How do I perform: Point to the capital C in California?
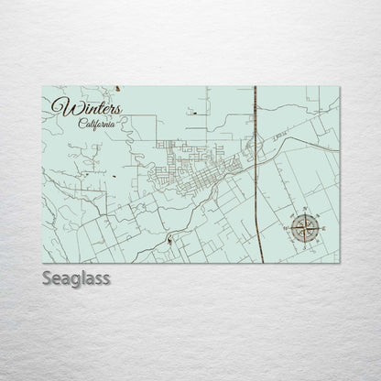click(82, 125)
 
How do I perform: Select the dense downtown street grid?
click(197, 165)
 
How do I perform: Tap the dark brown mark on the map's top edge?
click(118, 89)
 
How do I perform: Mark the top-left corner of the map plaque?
click(42, 86)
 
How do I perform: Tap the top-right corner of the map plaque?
click(340, 86)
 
